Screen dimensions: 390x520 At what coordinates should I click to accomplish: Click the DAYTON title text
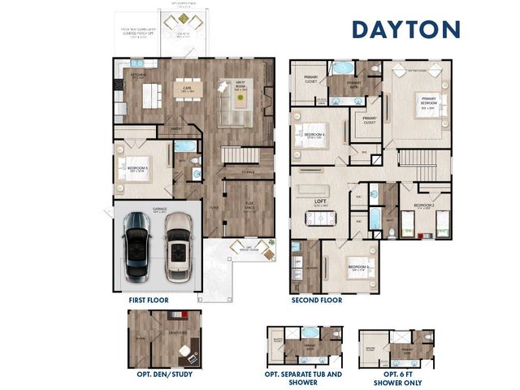(x=405, y=29)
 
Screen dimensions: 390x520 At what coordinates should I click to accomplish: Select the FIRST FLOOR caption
(x=149, y=300)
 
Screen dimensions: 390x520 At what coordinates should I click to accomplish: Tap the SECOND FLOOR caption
(x=317, y=300)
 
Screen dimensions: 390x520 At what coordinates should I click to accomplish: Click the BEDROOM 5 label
(x=136, y=169)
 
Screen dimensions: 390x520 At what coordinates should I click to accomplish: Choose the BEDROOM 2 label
(x=423, y=206)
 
